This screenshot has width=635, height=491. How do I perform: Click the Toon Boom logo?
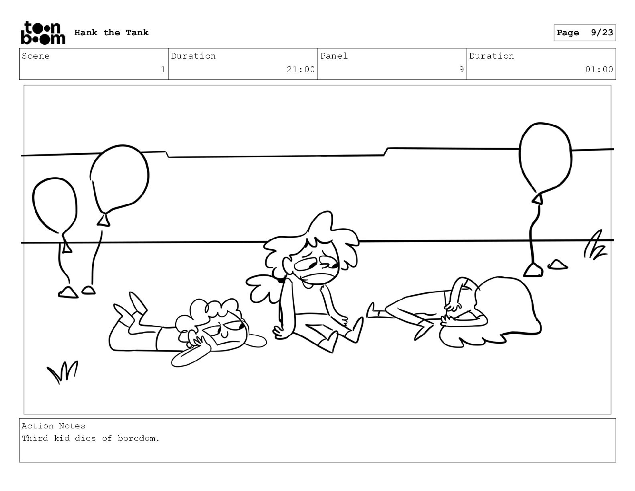(x=43, y=33)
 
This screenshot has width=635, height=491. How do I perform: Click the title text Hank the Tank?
(x=111, y=32)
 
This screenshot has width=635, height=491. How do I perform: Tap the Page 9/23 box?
(x=584, y=33)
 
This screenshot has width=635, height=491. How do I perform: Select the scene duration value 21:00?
(x=301, y=69)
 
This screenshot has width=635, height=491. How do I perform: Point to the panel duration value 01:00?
(x=599, y=69)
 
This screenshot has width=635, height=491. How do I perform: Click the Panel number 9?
(x=461, y=69)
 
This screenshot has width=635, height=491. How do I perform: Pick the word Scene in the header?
(x=36, y=56)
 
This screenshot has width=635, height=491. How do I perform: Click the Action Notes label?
(x=53, y=426)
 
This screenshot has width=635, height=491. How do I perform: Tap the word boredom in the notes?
(x=139, y=438)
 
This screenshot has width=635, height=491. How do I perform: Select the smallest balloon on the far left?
(x=55, y=206)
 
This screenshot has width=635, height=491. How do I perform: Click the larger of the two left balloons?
(x=119, y=180)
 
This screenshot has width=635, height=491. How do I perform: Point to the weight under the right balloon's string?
(x=533, y=270)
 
